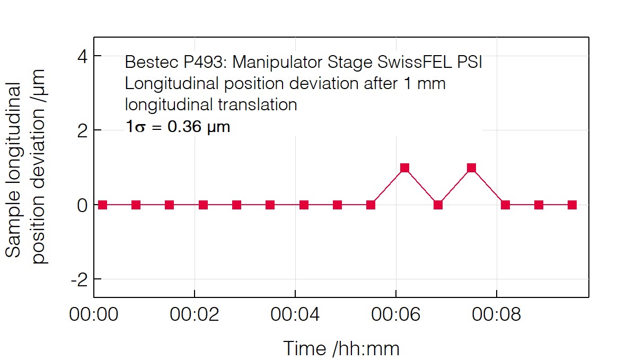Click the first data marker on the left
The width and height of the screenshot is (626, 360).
(x=102, y=205)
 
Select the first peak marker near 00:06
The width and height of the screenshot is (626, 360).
(x=404, y=168)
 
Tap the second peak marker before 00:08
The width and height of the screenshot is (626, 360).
(x=471, y=168)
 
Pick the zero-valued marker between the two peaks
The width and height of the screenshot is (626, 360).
(x=438, y=205)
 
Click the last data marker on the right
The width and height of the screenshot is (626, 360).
(x=572, y=205)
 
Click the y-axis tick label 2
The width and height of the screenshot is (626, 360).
(x=82, y=130)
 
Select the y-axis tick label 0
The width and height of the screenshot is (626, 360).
(x=82, y=205)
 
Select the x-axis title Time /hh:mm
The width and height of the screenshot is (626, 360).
(x=341, y=348)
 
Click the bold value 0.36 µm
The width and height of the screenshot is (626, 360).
(x=198, y=127)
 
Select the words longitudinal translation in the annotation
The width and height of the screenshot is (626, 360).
(x=211, y=104)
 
